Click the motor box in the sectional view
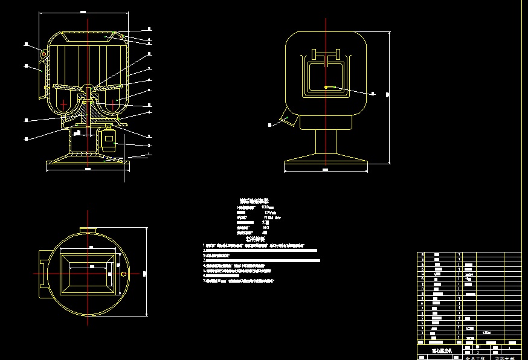[109, 140]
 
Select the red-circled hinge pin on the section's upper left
[43, 54]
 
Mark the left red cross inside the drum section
[63, 104]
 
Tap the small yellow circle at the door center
[326, 87]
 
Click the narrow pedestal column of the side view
[326, 144]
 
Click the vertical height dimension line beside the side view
[389, 94]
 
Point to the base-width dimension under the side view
[326, 170]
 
